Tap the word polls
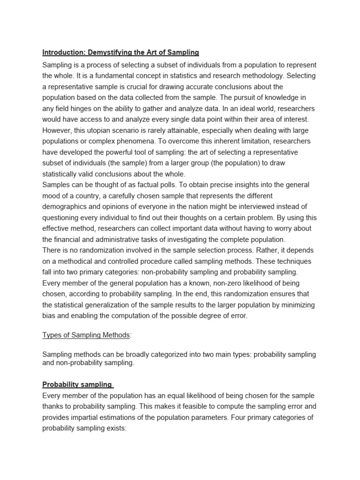point(165,185)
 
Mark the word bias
point(50,316)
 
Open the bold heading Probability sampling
point(77,384)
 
